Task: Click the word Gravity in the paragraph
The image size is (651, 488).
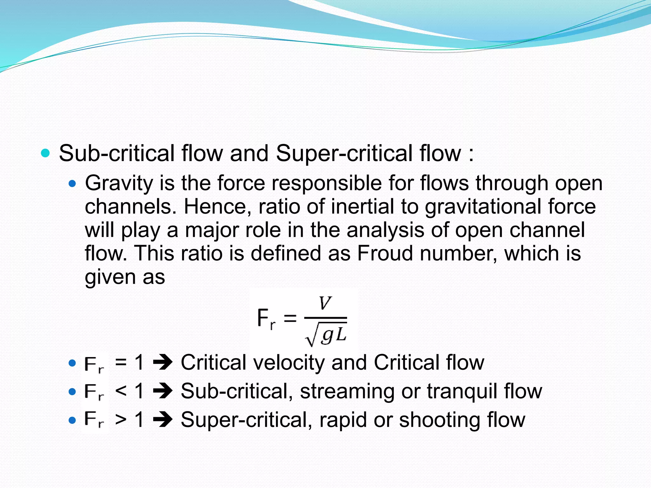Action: (x=119, y=184)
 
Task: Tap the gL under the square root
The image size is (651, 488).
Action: (x=333, y=335)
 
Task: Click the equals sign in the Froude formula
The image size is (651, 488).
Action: (x=290, y=318)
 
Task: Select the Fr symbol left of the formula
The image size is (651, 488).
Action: (x=266, y=319)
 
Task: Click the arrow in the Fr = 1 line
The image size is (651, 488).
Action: (x=162, y=363)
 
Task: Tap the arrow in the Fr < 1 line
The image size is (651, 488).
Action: (x=162, y=391)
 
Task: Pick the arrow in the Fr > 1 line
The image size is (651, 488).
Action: (x=162, y=420)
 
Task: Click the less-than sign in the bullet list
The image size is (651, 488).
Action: (x=121, y=391)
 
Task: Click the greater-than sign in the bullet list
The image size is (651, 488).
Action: (x=121, y=420)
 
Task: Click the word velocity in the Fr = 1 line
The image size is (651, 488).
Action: (x=289, y=363)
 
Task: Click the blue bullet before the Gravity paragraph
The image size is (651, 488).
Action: (x=72, y=184)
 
